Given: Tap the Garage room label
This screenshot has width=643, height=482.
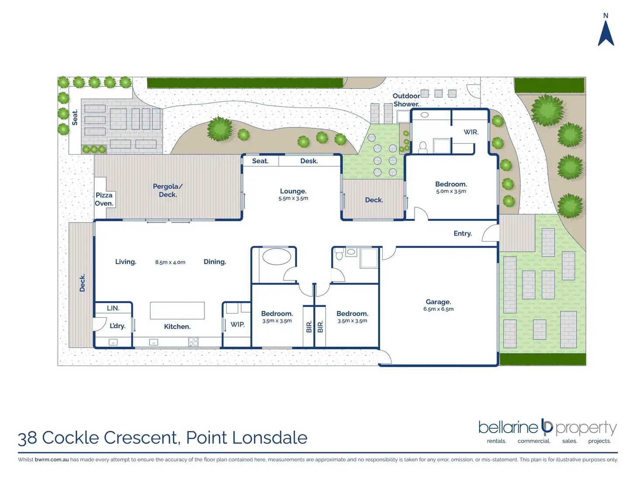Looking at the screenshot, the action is click(x=438, y=302).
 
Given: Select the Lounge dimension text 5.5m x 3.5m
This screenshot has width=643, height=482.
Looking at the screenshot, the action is click(x=293, y=198).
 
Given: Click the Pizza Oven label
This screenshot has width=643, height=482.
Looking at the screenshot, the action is click(x=104, y=199).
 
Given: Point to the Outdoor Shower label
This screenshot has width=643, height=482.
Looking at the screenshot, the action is click(x=406, y=100).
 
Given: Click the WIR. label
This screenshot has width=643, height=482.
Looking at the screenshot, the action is click(x=471, y=132).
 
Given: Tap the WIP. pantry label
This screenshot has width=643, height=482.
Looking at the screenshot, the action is click(x=237, y=324).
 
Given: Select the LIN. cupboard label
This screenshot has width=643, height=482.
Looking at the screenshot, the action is click(x=113, y=308).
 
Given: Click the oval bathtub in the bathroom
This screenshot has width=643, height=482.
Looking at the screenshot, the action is click(x=277, y=257).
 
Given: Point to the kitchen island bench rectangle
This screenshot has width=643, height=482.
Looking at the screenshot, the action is click(x=177, y=310).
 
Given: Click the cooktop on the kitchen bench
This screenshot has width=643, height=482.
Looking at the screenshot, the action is click(x=193, y=341).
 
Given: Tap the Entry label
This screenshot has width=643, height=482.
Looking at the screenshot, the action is click(x=463, y=233).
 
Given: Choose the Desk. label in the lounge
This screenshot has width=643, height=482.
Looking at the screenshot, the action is click(x=309, y=161).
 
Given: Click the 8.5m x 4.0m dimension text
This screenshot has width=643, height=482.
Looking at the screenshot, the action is click(x=170, y=262).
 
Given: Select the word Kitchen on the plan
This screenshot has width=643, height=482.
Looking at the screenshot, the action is click(x=177, y=327).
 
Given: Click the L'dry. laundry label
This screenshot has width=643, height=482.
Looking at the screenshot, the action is click(x=118, y=326).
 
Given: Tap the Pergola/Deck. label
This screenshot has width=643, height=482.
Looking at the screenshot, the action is click(x=168, y=190).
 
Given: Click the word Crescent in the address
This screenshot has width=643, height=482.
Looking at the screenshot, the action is click(x=140, y=438).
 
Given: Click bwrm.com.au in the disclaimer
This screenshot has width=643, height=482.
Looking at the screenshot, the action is click(x=52, y=459).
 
